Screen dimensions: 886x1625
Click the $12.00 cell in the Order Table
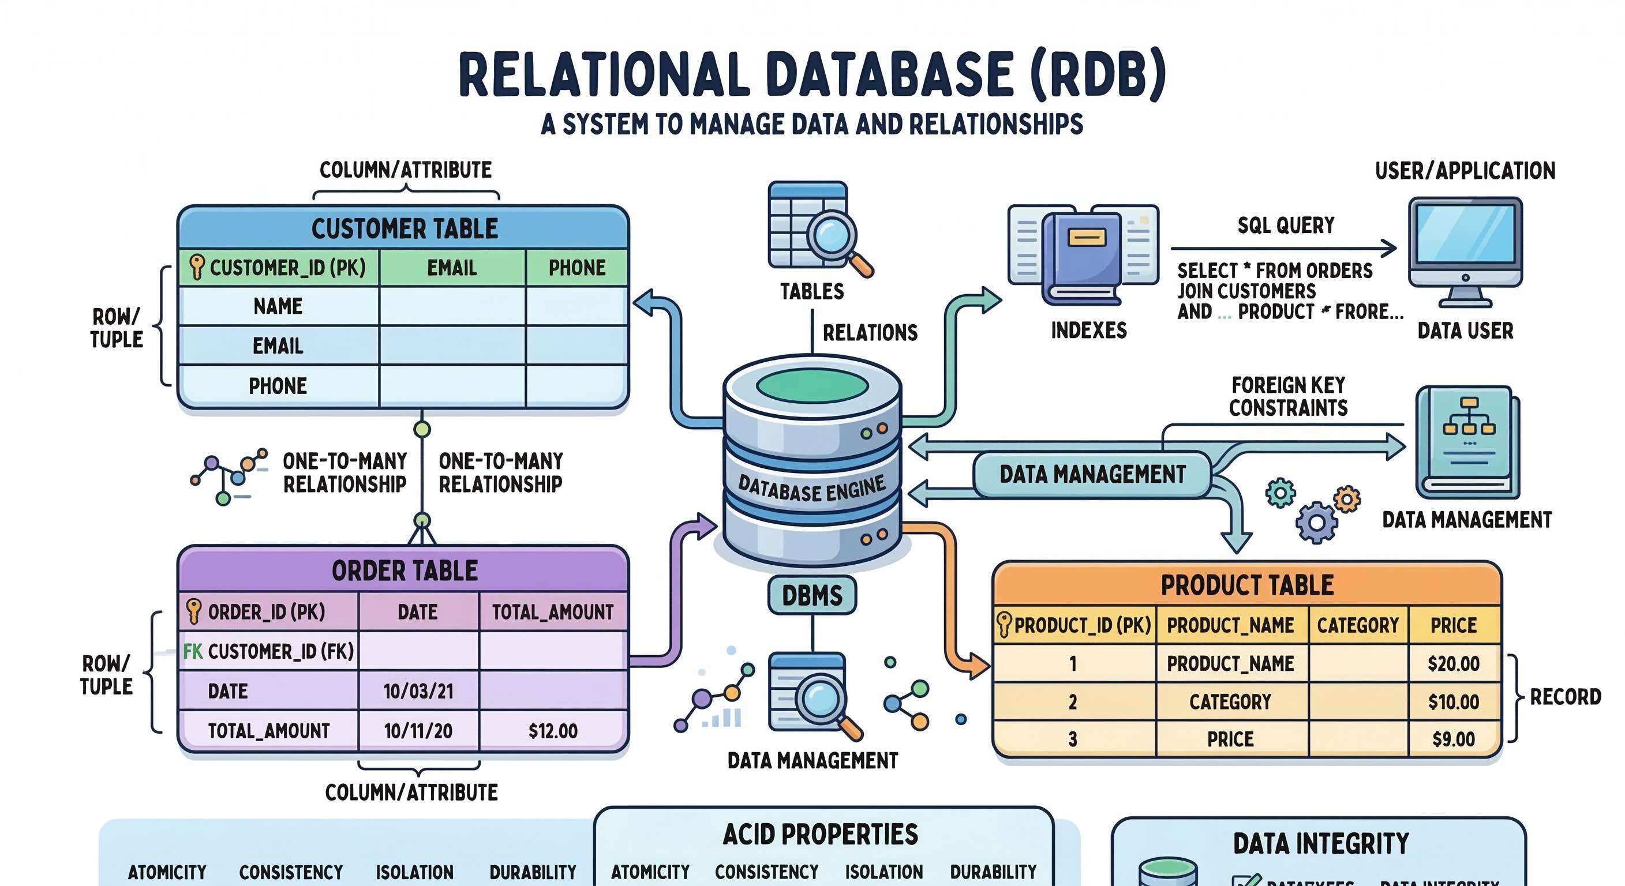[x=553, y=731]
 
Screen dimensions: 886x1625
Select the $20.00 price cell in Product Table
[x=1454, y=663]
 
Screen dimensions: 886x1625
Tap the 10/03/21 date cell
[x=418, y=691]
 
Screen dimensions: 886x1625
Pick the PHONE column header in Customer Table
[x=576, y=268]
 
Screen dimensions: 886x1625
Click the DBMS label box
[x=812, y=595]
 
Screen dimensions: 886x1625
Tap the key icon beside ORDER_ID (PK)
[x=194, y=611]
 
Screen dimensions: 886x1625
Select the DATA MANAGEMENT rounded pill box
[x=1092, y=474]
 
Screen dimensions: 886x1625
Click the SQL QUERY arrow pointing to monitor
[x=1284, y=249]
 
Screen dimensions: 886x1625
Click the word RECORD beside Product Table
[x=1565, y=697]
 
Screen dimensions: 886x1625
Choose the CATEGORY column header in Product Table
[x=1357, y=625]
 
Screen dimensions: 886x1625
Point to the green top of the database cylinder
[x=812, y=386]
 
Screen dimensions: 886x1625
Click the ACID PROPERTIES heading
[x=820, y=834]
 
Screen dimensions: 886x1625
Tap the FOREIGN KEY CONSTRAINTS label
[x=1288, y=397]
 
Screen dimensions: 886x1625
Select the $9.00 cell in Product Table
[x=1454, y=739]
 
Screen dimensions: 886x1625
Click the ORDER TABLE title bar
[x=405, y=570]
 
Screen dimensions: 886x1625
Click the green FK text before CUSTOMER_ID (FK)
[x=192, y=651]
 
